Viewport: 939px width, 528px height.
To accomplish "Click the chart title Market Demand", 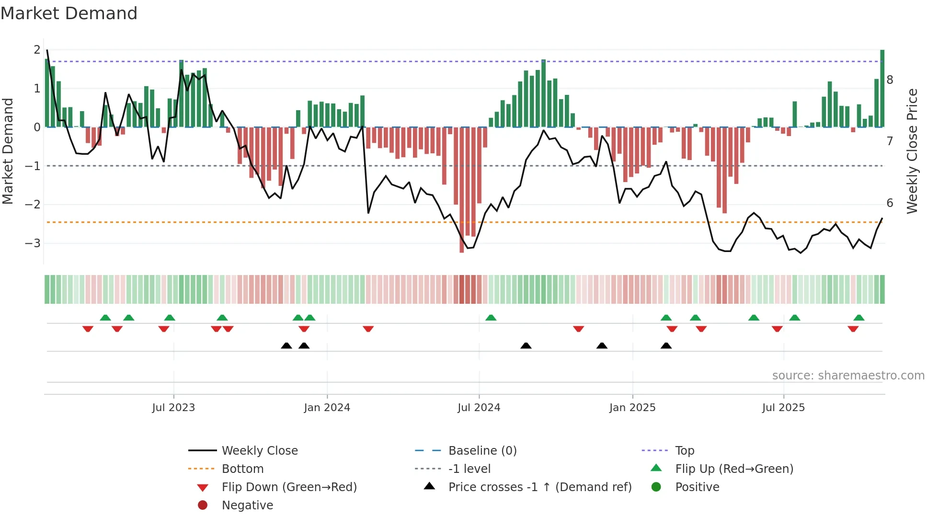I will (x=69, y=13).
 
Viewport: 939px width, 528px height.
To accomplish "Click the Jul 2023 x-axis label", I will (x=173, y=408).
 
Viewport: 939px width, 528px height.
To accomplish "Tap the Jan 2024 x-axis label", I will (x=327, y=408).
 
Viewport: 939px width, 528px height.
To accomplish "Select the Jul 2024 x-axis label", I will (x=479, y=408).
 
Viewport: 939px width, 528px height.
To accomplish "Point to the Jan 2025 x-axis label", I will (x=632, y=408).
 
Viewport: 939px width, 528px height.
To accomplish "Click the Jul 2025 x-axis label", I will (x=783, y=408).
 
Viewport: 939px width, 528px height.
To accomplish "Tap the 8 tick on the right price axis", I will (x=890, y=80).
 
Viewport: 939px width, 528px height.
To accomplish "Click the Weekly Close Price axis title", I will (x=912, y=151).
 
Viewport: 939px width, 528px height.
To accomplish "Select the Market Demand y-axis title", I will (x=8, y=151).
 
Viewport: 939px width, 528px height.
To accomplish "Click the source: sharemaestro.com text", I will (x=848, y=376).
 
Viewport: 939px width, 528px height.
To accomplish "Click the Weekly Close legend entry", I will (x=260, y=451).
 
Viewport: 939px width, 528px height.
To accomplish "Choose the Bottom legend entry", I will (x=242, y=469).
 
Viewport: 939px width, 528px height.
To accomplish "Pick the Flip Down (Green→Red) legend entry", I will (x=289, y=487).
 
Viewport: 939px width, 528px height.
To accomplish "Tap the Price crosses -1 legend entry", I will (x=540, y=487).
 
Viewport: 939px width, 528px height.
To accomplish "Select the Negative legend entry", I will (x=247, y=505).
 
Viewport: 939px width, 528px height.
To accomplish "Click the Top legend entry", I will (x=685, y=451).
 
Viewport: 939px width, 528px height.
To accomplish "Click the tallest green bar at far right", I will (x=882, y=89).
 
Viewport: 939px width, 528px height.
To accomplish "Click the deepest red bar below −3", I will (x=462, y=192).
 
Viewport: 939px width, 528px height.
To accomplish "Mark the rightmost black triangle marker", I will (x=666, y=346).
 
